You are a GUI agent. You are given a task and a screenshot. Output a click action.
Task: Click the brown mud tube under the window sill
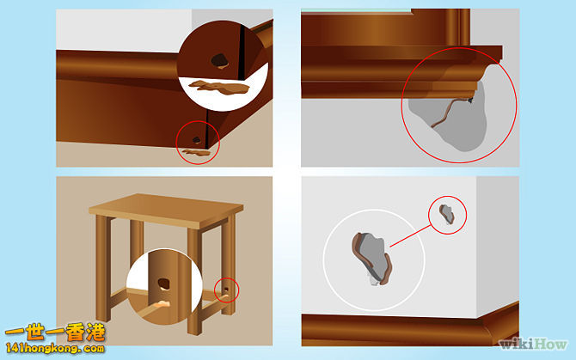coord(448,120)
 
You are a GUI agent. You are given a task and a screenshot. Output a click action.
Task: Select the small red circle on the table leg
coord(227,290)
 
